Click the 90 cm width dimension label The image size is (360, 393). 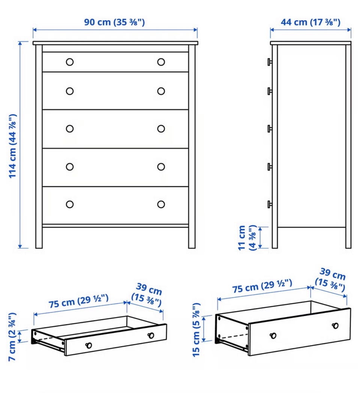(x=114, y=22)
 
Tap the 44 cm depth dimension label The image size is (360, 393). (x=310, y=22)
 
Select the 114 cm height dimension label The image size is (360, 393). (x=12, y=146)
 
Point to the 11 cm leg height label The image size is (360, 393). (x=247, y=238)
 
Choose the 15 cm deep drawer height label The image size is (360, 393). (x=196, y=330)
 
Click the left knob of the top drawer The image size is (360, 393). (x=70, y=62)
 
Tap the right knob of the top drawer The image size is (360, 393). (x=161, y=62)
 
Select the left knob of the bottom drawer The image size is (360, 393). (x=70, y=204)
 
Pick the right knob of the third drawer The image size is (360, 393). (x=161, y=129)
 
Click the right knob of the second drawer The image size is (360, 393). (x=161, y=91)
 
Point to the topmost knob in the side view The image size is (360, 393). (x=270, y=62)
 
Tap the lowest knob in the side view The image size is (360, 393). (x=270, y=204)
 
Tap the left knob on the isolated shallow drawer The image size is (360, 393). (x=89, y=345)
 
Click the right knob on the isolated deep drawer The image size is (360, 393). (x=335, y=326)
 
